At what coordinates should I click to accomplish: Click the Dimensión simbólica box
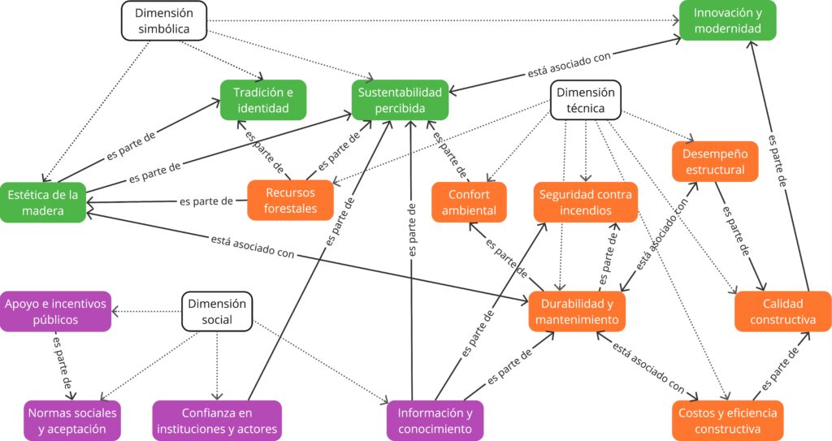pyautogui.click(x=163, y=21)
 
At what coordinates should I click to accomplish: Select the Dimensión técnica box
pyautogui.click(x=585, y=101)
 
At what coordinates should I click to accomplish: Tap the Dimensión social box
pyautogui.click(x=217, y=312)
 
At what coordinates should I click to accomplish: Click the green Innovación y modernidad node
pyautogui.click(x=728, y=21)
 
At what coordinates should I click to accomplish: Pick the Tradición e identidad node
pyautogui.click(x=263, y=101)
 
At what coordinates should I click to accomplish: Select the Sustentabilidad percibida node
pyautogui.click(x=401, y=101)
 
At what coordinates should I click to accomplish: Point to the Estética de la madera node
pyautogui.click(x=42, y=202)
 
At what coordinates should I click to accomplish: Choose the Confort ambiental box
pyautogui.click(x=469, y=202)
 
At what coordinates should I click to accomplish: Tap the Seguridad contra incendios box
pyautogui.click(x=585, y=202)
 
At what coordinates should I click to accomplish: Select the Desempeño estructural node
pyautogui.click(x=715, y=162)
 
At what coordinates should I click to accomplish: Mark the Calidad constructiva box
pyautogui.click(x=783, y=312)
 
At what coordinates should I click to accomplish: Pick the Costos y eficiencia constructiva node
pyautogui.click(x=727, y=421)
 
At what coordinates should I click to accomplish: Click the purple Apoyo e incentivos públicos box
pyautogui.click(x=55, y=312)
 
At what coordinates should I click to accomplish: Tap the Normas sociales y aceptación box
pyautogui.click(x=72, y=421)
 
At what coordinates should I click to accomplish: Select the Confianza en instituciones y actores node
pyautogui.click(x=217, y=421)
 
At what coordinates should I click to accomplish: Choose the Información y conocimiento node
pyautogui.click(x=435, y=421)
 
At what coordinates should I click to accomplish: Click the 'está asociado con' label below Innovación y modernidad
pyautogui.click(x=569, y=64)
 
